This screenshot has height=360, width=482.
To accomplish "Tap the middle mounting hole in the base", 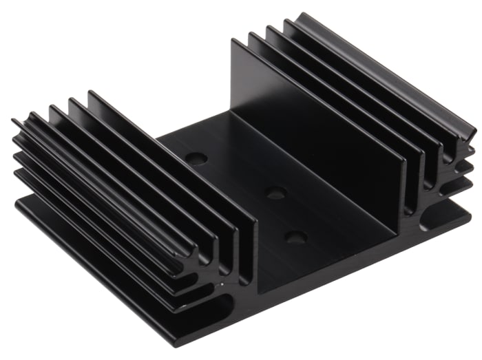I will pos(276,193).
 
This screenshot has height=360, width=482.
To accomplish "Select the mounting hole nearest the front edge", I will pos(296,238).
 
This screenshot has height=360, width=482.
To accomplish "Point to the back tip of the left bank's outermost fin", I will pos(14,123).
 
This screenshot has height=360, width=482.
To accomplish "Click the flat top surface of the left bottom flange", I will pos(103,262).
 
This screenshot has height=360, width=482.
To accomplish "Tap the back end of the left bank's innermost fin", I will pos(90,93).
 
